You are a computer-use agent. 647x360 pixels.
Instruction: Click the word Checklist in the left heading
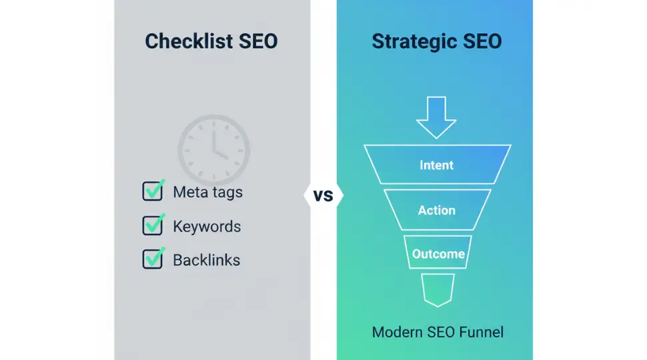click(181, 41)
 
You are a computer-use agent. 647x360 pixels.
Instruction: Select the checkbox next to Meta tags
click(153, 191)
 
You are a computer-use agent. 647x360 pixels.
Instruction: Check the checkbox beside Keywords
click(153, 225)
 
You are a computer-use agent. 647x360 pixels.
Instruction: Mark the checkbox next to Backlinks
click(153, 259)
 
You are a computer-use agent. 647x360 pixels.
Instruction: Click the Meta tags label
click(207, 192)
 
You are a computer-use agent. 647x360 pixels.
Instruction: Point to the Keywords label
click(207, 226)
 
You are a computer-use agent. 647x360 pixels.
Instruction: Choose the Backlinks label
click(206, 259)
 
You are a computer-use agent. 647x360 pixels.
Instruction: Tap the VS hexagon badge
click(323, 196)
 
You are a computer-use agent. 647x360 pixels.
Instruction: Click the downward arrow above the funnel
click(436, 117)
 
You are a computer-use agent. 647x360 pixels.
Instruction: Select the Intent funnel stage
click(437, 165)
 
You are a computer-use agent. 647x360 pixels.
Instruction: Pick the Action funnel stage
click(437, 210)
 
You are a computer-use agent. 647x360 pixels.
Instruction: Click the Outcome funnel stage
click(438, 254)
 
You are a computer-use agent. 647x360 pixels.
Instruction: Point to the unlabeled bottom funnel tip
click(438, 289)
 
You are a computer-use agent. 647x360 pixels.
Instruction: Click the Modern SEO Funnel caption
click(438, 331)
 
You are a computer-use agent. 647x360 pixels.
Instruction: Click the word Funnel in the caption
click(481, 331)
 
